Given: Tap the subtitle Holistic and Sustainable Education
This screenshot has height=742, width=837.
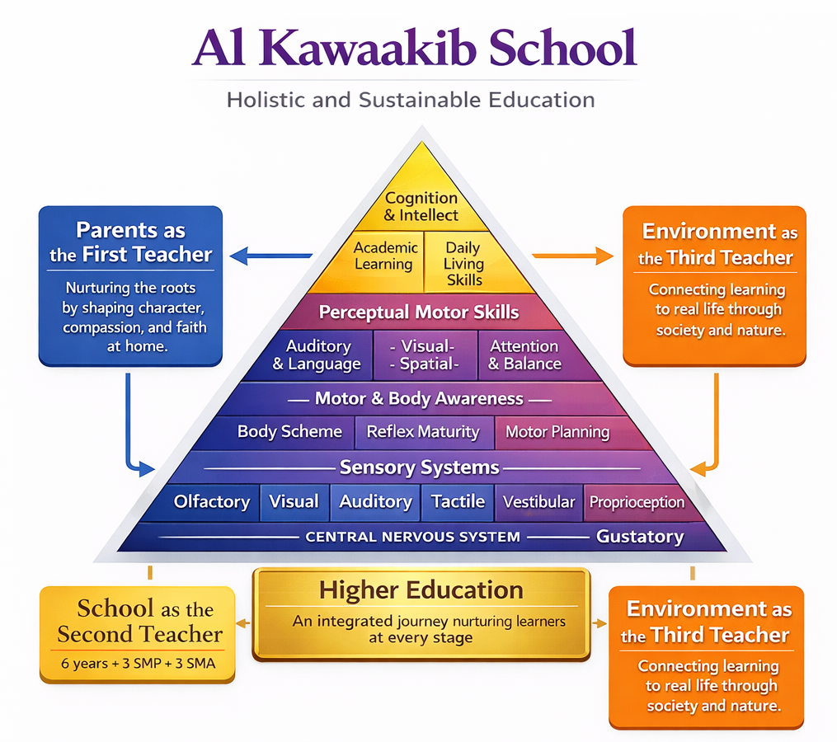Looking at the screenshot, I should pyautogui.click(x=411, y=101).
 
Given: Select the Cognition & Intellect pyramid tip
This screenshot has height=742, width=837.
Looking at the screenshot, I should pyautogui.click(x=421, y=206).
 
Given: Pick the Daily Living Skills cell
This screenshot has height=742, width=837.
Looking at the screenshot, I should pyautogui.click(x=463, y=263).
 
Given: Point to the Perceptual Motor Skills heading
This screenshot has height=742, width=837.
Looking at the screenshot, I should pyautogui.click(x=419, y=312).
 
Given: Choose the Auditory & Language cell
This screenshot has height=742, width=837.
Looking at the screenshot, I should pyautogui.click(x=317, y=355).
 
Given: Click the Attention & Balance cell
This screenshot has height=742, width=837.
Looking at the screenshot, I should pyautogui.click(x=524, y=355).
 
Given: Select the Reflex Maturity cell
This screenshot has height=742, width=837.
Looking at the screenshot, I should pyautogui.click(x=422, y=431).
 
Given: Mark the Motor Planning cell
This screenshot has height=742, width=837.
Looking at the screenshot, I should pyautogui.click(x=557, y=432).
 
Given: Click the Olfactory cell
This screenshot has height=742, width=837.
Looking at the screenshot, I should pyautogui.click(x=212, y=501).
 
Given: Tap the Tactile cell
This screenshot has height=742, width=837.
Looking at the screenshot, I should pyautogui.click(x=458, y=501).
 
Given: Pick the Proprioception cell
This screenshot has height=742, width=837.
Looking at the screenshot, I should pyautogui.click(x=637, y=502).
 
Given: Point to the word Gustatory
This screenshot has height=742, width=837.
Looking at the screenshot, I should pyautogui.click(x=640, y=537).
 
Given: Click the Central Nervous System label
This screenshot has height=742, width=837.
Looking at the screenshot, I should pyautogui.click(x=412, y=537).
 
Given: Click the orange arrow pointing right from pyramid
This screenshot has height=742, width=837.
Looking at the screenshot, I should pyautogui.click(x=574, y=256).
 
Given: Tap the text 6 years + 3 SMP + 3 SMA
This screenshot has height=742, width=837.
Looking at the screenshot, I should pyautogui.click(x=139, y=663).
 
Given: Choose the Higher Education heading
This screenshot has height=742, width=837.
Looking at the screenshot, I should pyautogui.click(x=421, y=590).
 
